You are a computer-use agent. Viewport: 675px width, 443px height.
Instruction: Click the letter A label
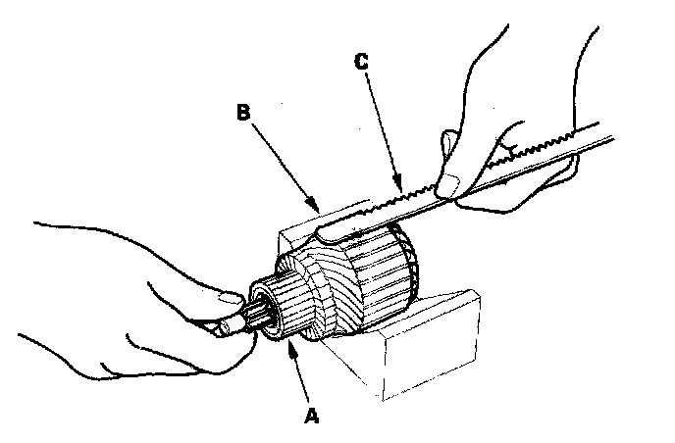312,415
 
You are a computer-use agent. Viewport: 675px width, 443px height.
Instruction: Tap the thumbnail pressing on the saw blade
448,184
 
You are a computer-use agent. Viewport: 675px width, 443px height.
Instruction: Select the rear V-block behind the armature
294,235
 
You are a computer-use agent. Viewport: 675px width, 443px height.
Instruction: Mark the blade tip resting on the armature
329,232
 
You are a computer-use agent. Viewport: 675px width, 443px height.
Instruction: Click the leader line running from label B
280,162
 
